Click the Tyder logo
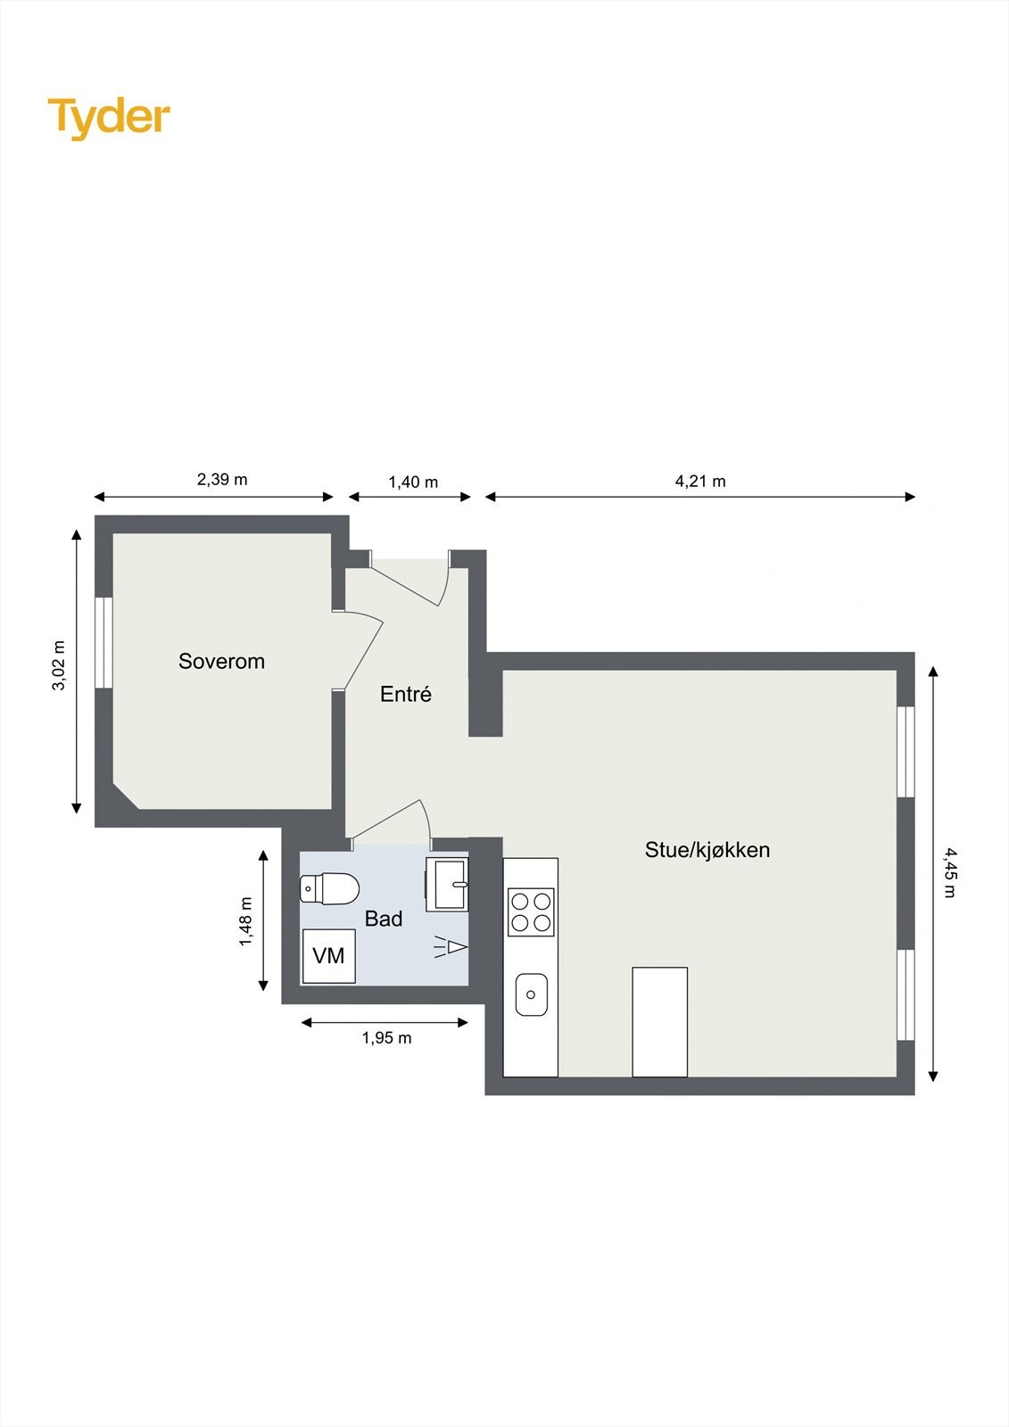[109, 117]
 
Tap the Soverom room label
[221, 661]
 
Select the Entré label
[406, 694]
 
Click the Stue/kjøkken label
[707, 850]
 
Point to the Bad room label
[384, 919]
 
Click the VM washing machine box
[328, 956]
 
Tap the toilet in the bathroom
[330, 888]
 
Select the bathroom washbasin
[447, 884]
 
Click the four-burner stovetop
[531, 911]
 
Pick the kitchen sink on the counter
[531, 994]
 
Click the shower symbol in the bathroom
[451, 946]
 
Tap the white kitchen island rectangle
[659, 1021]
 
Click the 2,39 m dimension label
[222, 480]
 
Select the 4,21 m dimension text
[700, 482]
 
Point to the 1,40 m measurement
[413, 483]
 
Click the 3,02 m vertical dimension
[59, 665]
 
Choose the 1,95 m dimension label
[386, 1038]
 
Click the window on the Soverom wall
[104, 642]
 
